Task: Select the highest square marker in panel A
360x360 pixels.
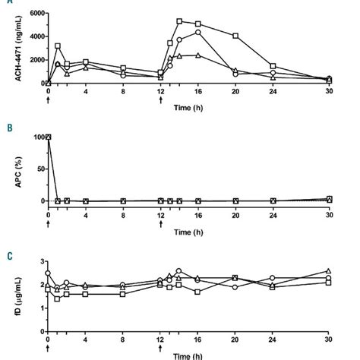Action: [x=179, y=21]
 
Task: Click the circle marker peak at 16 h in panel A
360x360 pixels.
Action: [x=198, y=32]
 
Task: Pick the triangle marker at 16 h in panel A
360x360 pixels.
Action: [x=198, y=55]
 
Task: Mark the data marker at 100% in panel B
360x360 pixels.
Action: [x=48, y=137]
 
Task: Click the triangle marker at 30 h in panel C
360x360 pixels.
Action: [x=328, y=270]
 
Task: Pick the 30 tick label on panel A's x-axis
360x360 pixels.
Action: [x=328, y=91]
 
